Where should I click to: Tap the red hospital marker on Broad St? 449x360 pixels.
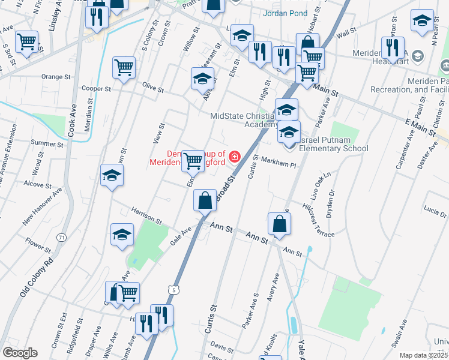[x=234, y=157]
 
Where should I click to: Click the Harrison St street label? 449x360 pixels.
[x=146, y=215]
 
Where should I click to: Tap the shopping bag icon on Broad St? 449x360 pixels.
[x=205, y=200]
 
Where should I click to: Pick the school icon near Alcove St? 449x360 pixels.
[x=112, y=175]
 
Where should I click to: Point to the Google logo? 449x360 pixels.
[x=19, y=353]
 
